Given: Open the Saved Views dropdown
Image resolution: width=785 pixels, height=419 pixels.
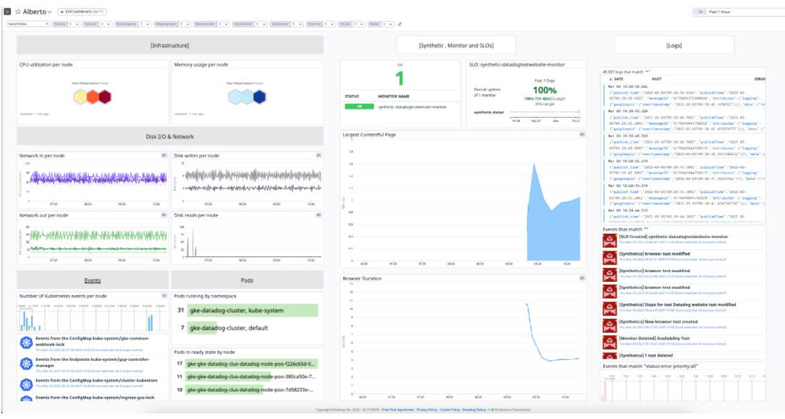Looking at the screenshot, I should coord(28,24).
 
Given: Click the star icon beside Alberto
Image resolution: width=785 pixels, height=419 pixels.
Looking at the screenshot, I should coord(18,12).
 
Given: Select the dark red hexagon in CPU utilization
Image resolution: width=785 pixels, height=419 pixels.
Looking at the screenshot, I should coord(104,97).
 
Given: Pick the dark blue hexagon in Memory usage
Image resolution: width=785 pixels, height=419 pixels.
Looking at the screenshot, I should coord(259,97).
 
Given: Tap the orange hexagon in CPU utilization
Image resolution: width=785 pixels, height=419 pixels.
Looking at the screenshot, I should coord(92,97).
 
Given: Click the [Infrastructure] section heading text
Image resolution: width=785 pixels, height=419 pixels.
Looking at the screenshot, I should coord(170,45).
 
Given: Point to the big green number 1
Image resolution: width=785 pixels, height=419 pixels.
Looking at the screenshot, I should coord(399,78).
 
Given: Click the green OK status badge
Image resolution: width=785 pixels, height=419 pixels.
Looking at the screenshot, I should coord(360,107).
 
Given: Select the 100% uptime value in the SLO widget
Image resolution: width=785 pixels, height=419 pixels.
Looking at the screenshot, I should coord(544,91).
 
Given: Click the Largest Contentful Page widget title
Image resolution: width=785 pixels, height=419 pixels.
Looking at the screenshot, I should coord(370,134).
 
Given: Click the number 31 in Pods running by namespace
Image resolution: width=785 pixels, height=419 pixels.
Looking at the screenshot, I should coord(181,310).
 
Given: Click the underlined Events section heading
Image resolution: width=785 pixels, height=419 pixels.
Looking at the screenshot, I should coord(92,280).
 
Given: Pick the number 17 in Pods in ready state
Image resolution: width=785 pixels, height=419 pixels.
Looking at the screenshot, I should coord(180,364).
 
